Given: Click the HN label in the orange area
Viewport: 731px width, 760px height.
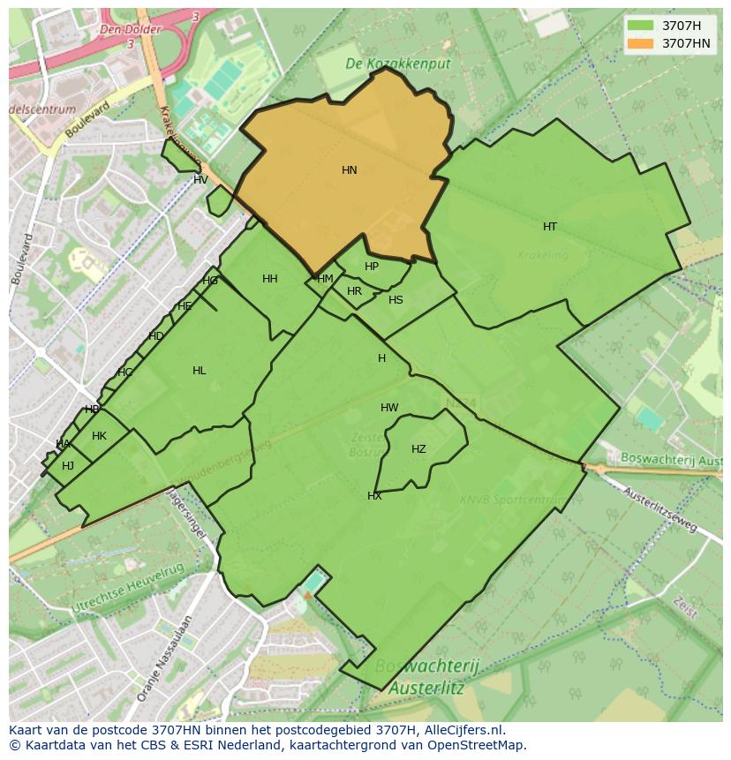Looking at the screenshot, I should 350,170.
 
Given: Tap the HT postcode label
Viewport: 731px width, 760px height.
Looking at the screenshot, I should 550,227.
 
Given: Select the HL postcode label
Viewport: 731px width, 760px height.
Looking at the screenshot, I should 200,371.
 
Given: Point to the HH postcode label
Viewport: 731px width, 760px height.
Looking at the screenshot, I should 270,279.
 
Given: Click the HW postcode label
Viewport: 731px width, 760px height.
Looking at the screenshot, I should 389,408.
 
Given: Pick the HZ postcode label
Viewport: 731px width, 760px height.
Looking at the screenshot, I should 418,449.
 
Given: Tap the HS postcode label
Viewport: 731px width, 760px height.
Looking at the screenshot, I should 396,300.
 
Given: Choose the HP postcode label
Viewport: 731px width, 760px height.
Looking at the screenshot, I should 372,267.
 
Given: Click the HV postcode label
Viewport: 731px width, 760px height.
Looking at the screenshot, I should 200,180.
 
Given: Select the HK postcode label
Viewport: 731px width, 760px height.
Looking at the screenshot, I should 99,436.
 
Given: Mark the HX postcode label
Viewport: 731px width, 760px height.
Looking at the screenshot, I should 374,496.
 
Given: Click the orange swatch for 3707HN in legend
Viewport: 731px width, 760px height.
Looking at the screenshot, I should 641,43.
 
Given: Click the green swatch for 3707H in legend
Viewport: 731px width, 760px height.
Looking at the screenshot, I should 641,26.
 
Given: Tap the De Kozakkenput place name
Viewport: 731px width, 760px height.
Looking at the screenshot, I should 397,64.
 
